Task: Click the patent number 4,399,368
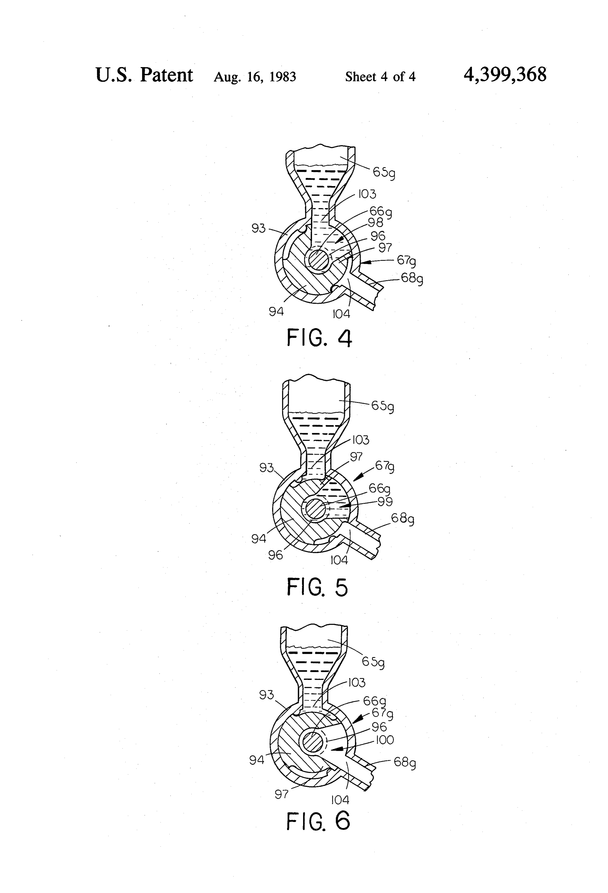coord(505,75)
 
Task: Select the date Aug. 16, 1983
coord(255,77)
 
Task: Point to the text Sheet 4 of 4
coord(380,77)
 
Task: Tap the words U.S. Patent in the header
coord(144,75)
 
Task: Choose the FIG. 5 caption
coord(317,587)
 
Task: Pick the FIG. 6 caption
coord(318,821)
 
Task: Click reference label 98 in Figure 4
coord(376,222)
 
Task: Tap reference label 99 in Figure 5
coord(385,502)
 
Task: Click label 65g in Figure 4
coord(384,173)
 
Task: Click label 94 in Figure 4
coord(276,312)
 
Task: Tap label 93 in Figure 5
coord(266,468)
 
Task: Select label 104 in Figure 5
coord(339,560)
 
